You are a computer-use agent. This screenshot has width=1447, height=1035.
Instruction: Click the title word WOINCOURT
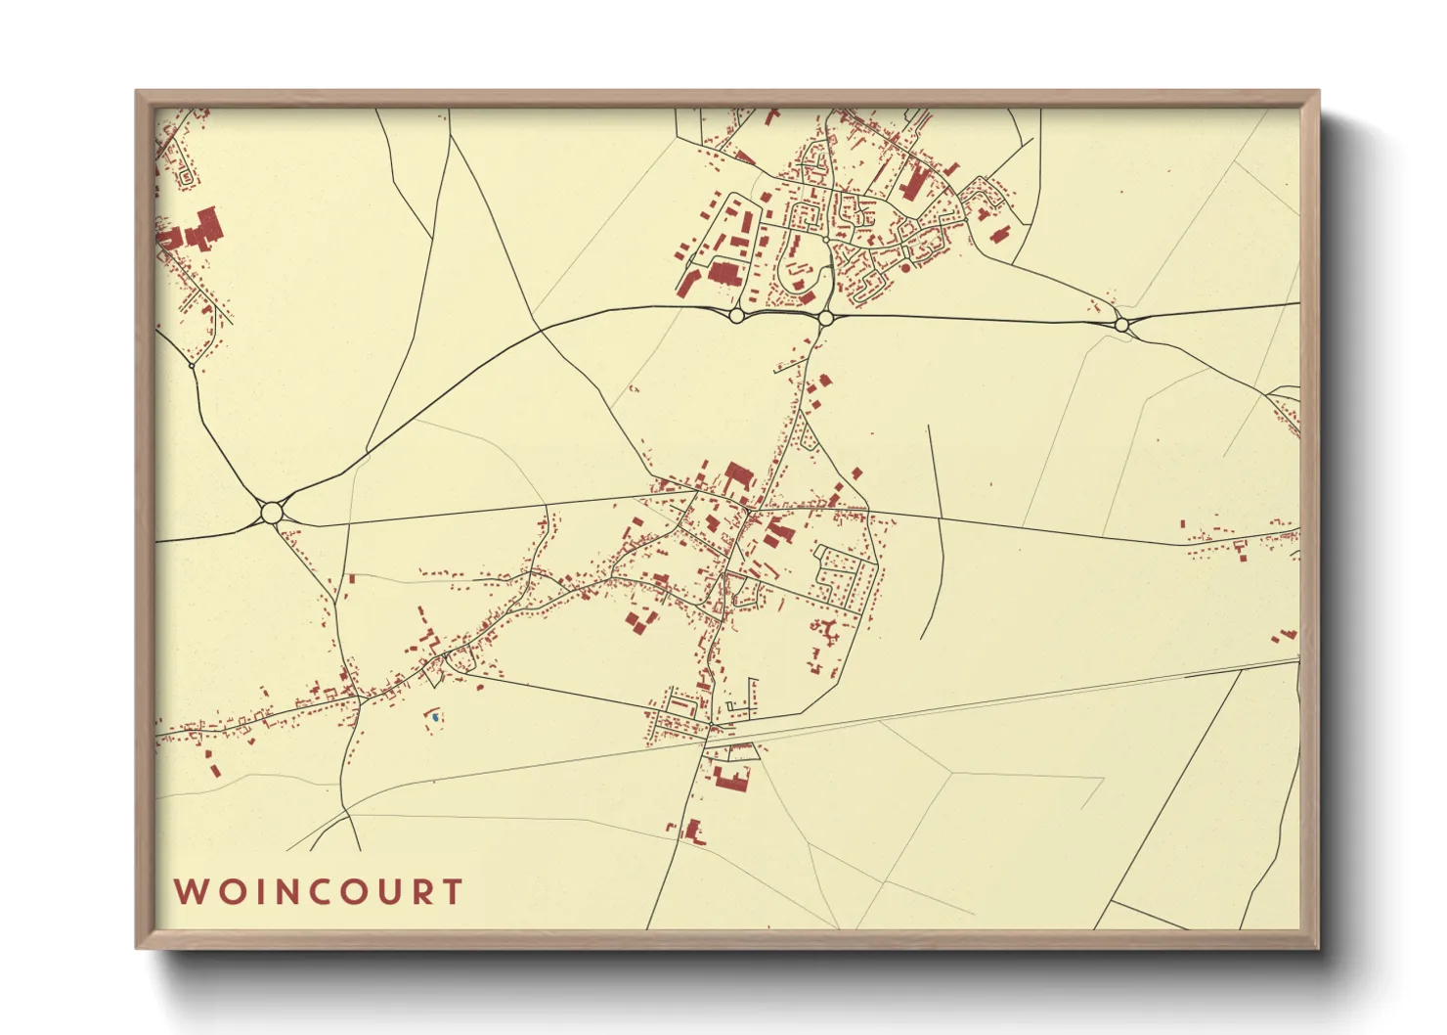(x=318, y=892)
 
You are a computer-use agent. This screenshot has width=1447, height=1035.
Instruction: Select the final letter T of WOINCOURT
(x=452, y=892)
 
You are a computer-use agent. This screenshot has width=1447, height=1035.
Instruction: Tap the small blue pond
(x=433, y=718)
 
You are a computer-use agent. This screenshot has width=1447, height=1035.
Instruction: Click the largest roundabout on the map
(x=272, y=512)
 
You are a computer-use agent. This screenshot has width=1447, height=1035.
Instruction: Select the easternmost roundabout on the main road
(x=1121, y=324)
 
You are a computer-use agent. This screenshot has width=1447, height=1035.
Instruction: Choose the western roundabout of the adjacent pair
(x=736, y=315)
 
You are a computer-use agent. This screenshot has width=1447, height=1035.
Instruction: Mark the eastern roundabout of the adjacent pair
(x=825, y=318)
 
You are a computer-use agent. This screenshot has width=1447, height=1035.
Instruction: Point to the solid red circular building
(x=905, y=266)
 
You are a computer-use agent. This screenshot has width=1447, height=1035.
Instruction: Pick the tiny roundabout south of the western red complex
(x=191, y=366)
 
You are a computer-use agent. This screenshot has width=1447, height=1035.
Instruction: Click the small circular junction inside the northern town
(x=827, y=239)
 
